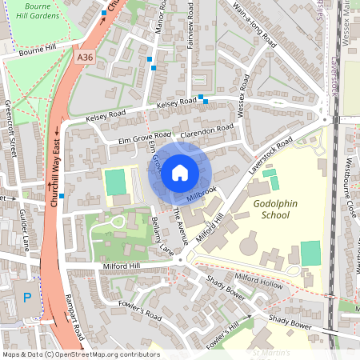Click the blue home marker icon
180,172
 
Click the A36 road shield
86,58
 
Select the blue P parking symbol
27,298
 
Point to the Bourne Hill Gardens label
38,10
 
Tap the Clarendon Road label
207,130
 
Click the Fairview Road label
190,25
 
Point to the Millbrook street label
202,194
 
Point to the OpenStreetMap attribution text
70,354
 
